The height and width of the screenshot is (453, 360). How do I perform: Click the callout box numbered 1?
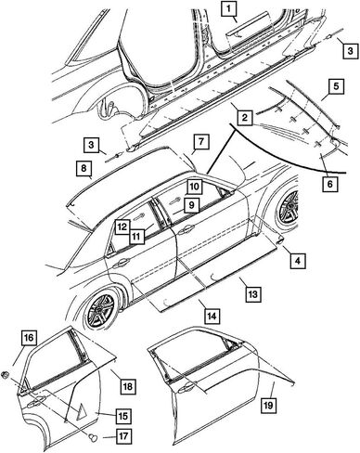pos(228,8)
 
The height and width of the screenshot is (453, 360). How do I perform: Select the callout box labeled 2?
pos(245,117)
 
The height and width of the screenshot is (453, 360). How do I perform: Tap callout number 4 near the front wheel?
pos(298,261)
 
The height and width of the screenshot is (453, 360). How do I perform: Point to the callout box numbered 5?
pos(336,86)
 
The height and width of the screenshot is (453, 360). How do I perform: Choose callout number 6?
pos(329,184)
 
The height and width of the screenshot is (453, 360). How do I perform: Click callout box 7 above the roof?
pos(201,142)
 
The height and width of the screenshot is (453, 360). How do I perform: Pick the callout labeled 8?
pos(84,169)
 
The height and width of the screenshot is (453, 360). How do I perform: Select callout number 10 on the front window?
pos(194,187)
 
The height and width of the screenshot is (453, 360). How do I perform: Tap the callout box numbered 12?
pos(122,226)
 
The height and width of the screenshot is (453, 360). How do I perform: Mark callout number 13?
pos(253,293)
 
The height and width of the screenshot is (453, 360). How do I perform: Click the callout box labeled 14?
pos(212,316)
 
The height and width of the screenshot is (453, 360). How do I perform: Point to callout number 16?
pos(29,338)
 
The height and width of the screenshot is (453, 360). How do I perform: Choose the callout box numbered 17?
pos(123,436)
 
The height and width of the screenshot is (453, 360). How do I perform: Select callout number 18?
pos(128,386)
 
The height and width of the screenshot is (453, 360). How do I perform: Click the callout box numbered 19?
pos(268,405)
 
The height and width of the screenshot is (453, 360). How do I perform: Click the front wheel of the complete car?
pos(289,207)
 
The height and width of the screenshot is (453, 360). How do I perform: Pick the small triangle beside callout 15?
pos(82,412)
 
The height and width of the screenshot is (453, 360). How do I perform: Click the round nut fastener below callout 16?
pos(5,375)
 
